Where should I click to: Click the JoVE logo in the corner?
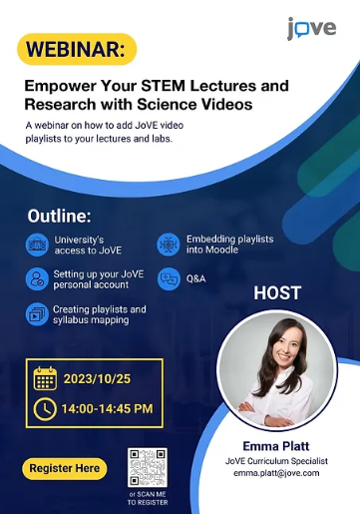click(312, 28)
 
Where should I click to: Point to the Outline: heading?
click(59, 215)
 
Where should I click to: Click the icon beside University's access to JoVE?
click(37, 245)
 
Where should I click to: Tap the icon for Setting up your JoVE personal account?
click(37, 278)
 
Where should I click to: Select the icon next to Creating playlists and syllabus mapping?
click(37, 314)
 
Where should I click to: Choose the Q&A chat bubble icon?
click(168, 278)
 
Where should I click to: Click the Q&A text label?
click(195, 278)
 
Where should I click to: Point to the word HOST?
click(277, 293)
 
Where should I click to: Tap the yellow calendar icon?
click(45, 379)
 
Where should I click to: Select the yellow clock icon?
click(45, 408)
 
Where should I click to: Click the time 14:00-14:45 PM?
click(107, 408)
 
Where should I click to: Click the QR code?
click(149, 468)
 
